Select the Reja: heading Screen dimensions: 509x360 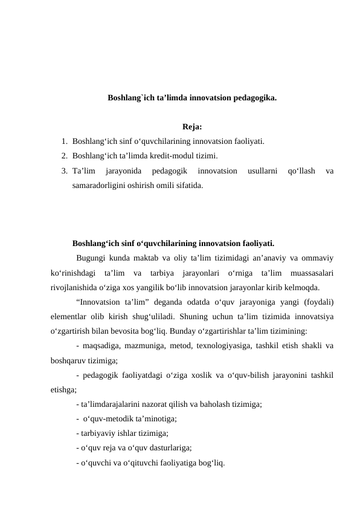191,127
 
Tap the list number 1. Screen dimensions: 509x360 64,141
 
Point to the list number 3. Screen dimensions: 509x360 64,171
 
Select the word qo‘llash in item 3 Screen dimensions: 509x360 297,171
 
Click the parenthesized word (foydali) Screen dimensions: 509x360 317,302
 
